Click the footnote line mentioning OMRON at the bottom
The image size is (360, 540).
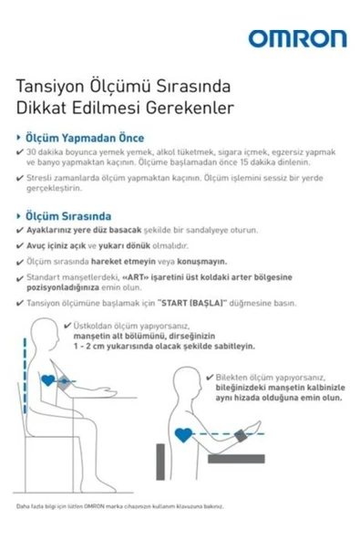[x=118, y=506]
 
